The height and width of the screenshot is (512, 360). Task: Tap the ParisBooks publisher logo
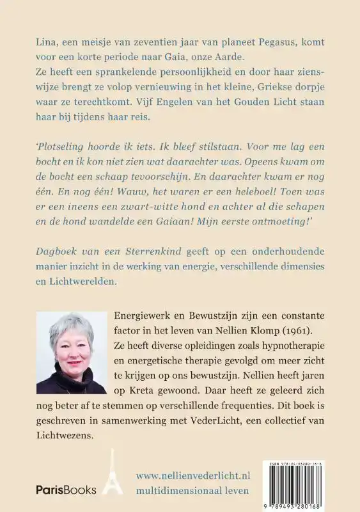(65, 490)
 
